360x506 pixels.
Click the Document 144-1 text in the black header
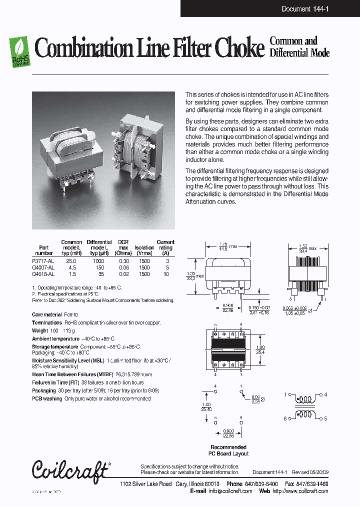coord(304,9)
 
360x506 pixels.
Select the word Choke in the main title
coord(238,49)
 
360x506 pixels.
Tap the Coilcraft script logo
coord(70,469)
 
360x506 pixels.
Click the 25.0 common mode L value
coord(71,261)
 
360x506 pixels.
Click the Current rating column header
coord(165,245)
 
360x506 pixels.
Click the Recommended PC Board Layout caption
coord(228,450)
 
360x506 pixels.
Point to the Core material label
coord(47,314)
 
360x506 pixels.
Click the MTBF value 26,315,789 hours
coord(133,374)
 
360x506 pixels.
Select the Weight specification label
coord(39,331)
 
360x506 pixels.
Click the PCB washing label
coord(47,399)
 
